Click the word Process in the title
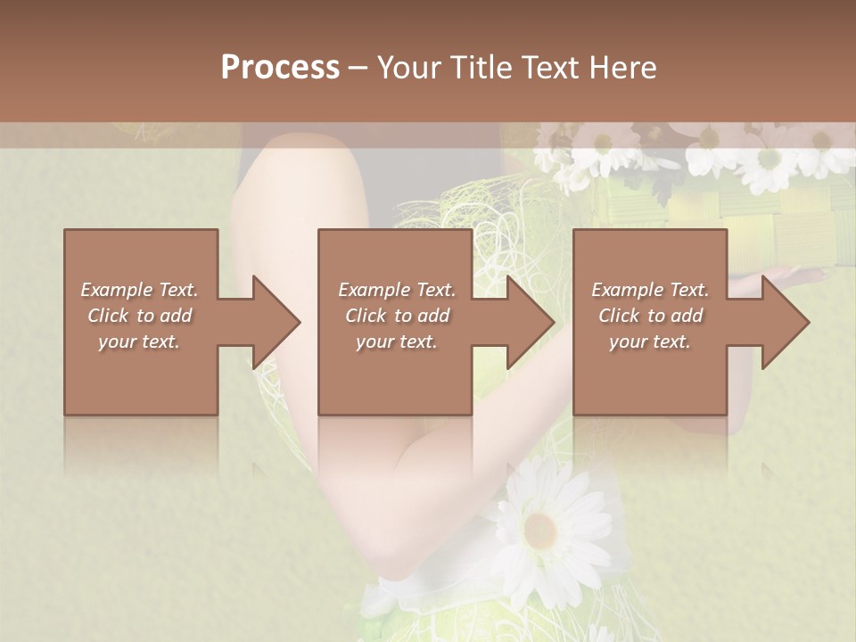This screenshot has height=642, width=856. [280, 68]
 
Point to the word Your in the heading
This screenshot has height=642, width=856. [408, 68]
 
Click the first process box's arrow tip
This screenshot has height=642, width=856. [298, 322]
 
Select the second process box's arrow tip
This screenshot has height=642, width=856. [552, 322]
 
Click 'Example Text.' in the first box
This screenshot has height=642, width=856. [139, 290]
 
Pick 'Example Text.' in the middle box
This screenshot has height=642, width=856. [397, 290]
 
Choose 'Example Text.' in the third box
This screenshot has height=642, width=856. [650, 290]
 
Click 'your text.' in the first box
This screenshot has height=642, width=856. [139, 342]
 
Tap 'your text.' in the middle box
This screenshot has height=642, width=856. [397, 342]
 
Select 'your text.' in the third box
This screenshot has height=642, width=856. [650, 342]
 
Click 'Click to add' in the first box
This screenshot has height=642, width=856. [139, 316]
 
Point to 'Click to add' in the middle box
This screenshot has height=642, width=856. [397, 316]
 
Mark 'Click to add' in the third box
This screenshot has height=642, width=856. [650, 316]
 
